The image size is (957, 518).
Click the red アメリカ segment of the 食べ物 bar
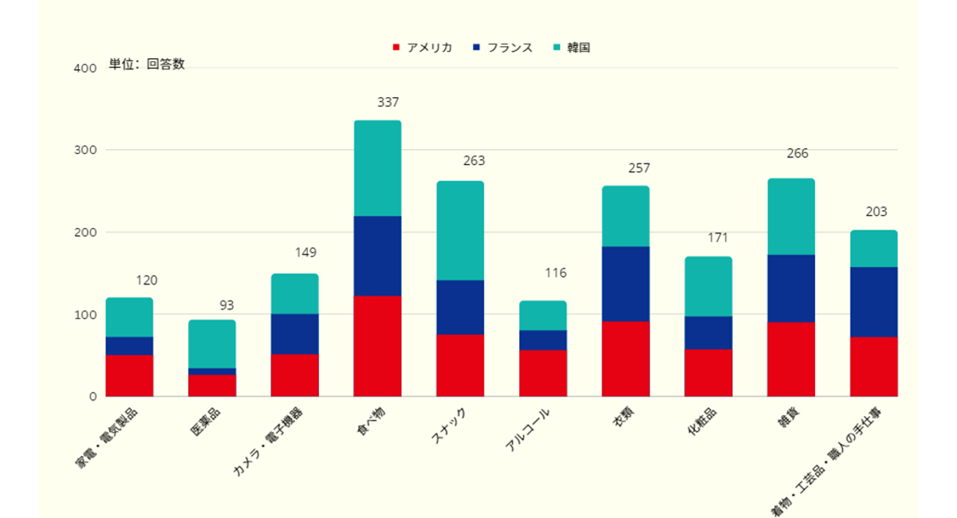tap(377, 346)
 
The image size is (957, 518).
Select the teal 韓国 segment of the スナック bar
tap(460, 230)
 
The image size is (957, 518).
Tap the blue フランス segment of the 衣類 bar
tap(625, 284)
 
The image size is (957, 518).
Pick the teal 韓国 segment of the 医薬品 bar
tap(212, 343)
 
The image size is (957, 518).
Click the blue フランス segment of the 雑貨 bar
tap(791, 288)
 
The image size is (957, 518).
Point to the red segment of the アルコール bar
tap(543, 373)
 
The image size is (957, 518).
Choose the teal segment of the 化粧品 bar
tap(708, 286)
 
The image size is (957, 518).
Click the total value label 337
tap(388, 103)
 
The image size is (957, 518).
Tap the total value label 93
tap(227, 305)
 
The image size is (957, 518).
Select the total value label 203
tap(876, 212)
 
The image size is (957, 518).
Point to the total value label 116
tap(556, 273)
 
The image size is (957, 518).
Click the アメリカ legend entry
tap(423, 48)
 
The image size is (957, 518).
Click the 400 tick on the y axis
tap(85, 69)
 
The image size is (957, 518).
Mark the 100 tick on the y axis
tap(85, 315)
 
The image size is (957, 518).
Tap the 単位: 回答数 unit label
tap(147, 65)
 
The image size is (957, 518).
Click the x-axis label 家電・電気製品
tap(108, 438)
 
